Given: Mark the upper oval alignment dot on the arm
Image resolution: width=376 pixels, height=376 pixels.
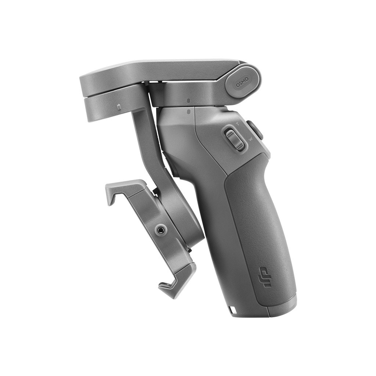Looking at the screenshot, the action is coord(188,101).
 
